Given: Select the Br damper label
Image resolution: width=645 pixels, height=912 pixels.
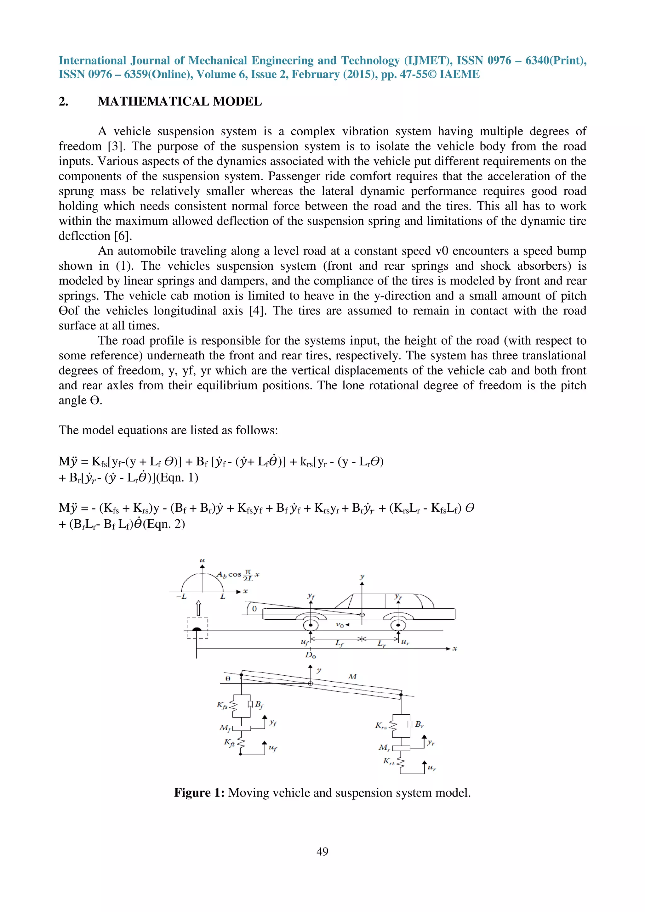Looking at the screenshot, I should click(419, 724).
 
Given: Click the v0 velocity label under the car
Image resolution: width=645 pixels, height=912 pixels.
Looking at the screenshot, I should click(340, 625).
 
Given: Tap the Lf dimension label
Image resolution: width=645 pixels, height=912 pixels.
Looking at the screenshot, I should click(339, 643).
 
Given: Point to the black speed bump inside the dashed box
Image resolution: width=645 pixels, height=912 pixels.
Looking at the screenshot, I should click(197, 629).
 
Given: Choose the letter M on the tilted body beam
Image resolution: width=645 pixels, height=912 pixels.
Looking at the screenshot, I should click(352, 677).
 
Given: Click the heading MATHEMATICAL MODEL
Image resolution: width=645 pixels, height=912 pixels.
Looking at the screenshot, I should click(180, 102).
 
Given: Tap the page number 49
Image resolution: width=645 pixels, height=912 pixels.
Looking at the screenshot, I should click(322, 851).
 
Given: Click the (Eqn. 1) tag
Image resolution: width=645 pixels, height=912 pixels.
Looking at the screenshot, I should click(177, 477).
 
